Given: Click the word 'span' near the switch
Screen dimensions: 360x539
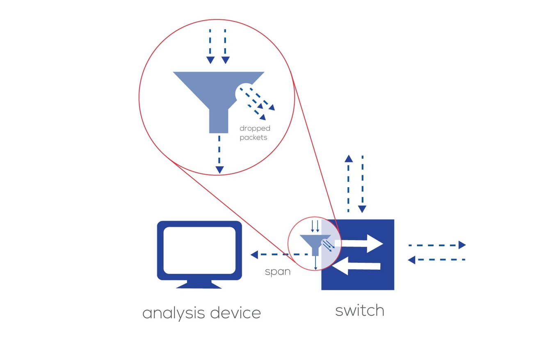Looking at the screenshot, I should click(278, 272).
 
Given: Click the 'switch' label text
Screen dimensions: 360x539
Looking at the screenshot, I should click(360, 310).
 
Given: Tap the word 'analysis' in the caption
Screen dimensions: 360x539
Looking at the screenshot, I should click(173, 313).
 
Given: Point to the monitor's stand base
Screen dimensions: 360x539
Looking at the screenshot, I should click(199, 285).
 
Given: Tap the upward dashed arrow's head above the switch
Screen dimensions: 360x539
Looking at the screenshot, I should click(348, 159).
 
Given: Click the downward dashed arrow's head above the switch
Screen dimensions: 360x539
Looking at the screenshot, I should click(362, 209).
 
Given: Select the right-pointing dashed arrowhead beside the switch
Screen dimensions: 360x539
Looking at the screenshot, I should click(462, 245).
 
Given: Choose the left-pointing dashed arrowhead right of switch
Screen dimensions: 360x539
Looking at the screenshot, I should click(412, 259).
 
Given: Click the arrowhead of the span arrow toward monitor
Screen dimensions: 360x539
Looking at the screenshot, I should click(254, 255).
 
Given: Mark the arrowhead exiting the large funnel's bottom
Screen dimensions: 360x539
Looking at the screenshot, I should click(220, 170).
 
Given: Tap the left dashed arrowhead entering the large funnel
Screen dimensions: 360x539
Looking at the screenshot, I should click(210, 60).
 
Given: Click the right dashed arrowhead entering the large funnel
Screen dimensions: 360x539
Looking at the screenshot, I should click(225, 60).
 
